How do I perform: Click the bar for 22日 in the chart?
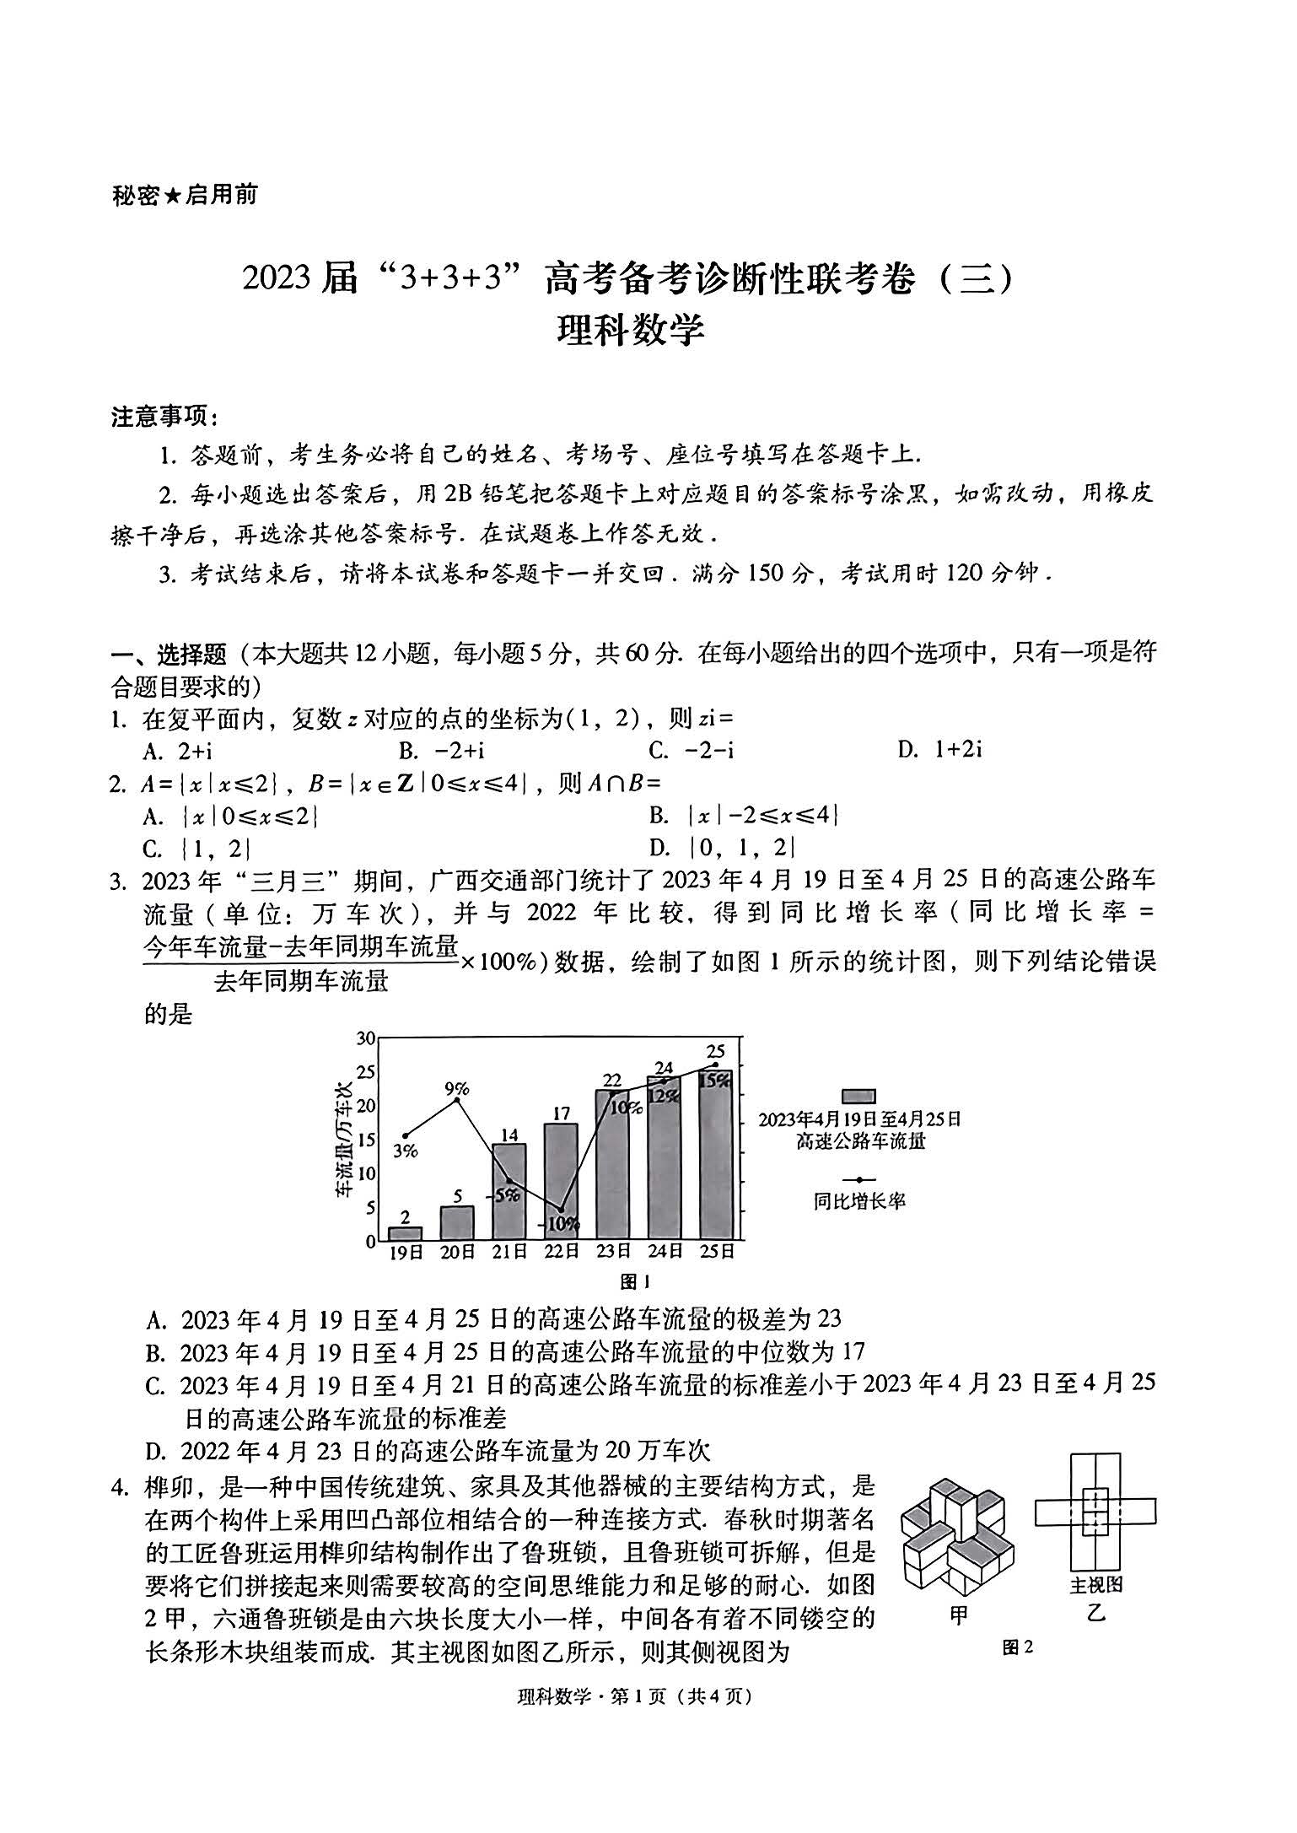coord(561,1181)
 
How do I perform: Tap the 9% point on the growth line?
coord(457,1100)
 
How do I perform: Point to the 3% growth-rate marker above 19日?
coord(406,1135)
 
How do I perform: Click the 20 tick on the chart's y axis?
coord(365,1105)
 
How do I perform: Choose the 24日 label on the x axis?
coord(665,1252)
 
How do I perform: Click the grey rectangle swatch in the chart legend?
coord(859,1097)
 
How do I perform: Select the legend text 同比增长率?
coord(859,1201)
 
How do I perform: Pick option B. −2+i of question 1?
coord(442,750)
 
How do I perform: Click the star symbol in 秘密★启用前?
coord(173,196)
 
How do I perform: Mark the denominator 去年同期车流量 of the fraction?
coord(301,981)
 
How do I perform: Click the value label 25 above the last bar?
coord(716,1051)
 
